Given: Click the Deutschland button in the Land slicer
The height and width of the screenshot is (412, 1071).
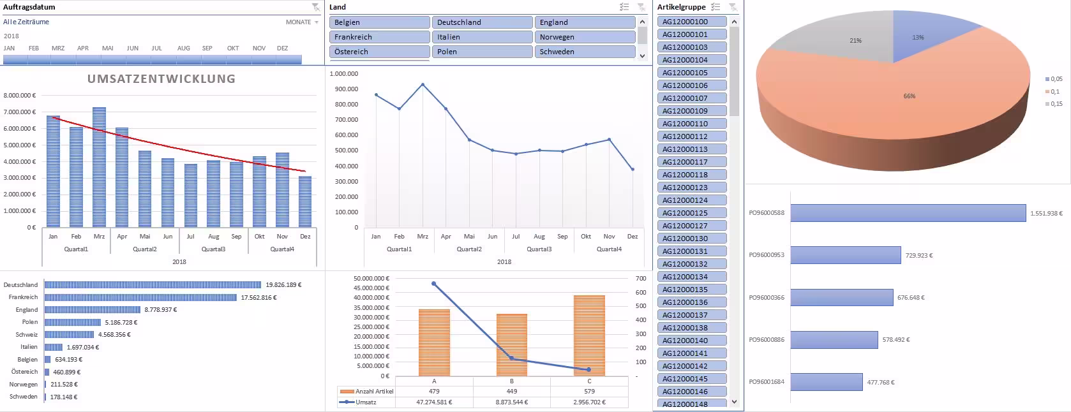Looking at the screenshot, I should (x=482, y=22).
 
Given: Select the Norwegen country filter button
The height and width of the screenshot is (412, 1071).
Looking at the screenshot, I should (x=585, y=37).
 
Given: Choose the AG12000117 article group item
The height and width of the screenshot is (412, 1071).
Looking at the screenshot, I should (x=692, y=162).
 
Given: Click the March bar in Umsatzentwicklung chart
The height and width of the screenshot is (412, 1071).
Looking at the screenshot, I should (x=99, y=167).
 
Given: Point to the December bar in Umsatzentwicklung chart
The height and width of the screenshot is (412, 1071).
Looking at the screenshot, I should (x=305, y=202).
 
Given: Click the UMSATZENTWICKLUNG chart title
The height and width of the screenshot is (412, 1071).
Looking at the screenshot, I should (x=161, y=79).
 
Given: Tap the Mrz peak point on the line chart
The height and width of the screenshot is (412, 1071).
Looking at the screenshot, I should (x=423, y=84).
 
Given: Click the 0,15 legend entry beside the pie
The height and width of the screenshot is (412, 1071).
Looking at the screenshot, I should (x=1056, y=104).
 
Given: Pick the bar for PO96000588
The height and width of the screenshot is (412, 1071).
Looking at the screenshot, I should (x=908, y=213).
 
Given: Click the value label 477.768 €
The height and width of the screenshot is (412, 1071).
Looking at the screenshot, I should (x=881, y=383).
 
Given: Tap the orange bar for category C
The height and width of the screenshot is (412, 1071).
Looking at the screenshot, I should (x=589, y=335).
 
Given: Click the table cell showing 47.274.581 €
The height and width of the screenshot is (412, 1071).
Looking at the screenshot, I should (x=434, y=402).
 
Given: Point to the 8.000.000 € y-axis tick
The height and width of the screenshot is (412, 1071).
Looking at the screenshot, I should (x=19, y=96).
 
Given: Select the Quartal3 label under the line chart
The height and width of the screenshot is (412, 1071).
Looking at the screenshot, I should (x=539, y=249).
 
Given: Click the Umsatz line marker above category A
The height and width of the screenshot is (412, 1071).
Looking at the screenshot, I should (x=434, y=284).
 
